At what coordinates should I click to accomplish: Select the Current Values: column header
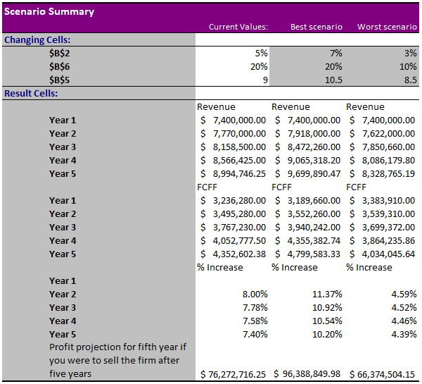pyautogui.click(x=238, y=27)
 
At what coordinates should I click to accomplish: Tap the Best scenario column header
pyautogui.click(x=316, y=27)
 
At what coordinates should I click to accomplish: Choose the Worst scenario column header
pyautogui.click(x=387, y=27)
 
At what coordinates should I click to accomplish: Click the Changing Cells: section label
pyautogui.click(x=38, y=39)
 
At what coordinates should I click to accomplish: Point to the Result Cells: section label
pyautogui.click(x=32, y=93)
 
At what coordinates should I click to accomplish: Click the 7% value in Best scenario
pyautogui.click(x=335, y=53)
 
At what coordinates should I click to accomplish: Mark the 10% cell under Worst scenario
pyautogui.click(x=407, y=66)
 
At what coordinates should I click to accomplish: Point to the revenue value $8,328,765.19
pyautogui.click(x=383, y=173)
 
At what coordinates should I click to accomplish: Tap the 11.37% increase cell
pyautogui.click(x=327, y=294)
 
